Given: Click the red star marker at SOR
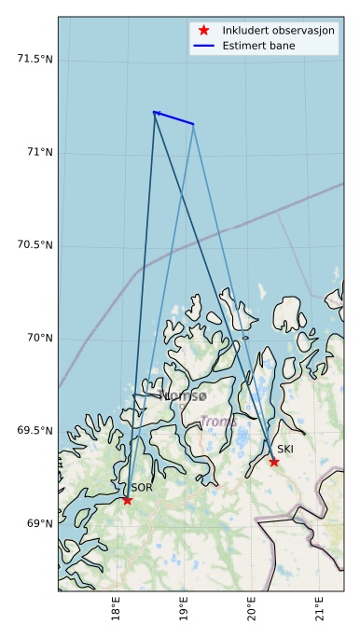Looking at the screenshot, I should [x=127, y=500].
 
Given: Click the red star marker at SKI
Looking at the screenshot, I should [x=274, y=462].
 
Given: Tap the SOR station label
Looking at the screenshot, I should [x=141, y=487].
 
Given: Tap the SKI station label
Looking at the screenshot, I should [x=285, y=449].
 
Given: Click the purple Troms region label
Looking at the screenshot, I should [x=219, y=422].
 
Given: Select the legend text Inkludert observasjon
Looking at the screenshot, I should [x=278, y=30].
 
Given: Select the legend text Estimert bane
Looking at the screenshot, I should [x=260, y=45].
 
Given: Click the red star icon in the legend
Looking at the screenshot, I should [x=203, y=30].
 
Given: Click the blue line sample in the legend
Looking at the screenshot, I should [x=203, y=45].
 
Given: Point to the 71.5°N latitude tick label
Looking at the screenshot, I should [x=35, y=59].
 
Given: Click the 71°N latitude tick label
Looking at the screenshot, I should [x=38, y=151].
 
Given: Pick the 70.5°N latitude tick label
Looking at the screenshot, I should [x=35, y=244].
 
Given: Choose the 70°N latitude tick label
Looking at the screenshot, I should [x=38, y=338].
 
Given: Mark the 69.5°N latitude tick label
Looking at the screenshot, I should [x=35, y=430].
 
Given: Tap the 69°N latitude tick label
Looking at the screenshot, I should [x=38, y=523].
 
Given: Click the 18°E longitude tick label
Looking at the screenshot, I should [x=116, y=611].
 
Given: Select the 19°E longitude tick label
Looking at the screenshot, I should [x=184, y=611].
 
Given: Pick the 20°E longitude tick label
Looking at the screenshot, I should [x=252, y=611].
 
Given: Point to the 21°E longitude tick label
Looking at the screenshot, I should [x=320, y=611].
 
